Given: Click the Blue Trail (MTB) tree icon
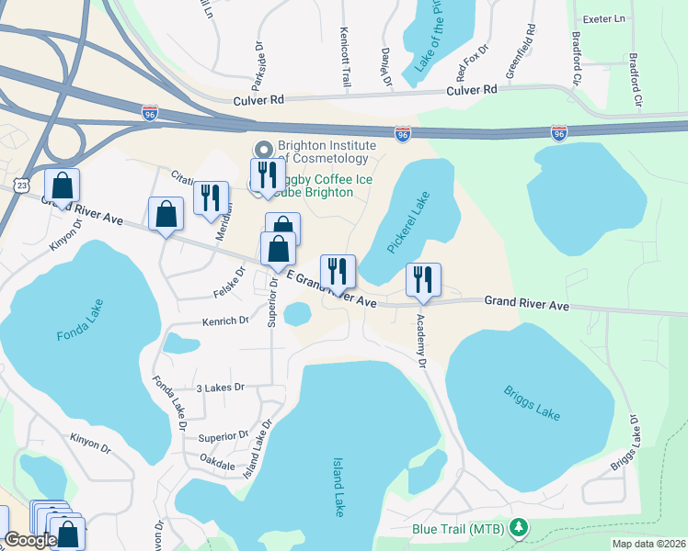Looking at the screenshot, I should tap(520, 527).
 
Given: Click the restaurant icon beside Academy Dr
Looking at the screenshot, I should tap(423, 279).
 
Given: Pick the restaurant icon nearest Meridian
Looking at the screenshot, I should tap(212, 197).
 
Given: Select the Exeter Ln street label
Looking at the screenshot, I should tap(604, 18).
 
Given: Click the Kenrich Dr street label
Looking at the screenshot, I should tap(225, 321).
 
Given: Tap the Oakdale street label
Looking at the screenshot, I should tap(216, 466).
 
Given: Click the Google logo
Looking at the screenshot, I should tap(29, 540).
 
